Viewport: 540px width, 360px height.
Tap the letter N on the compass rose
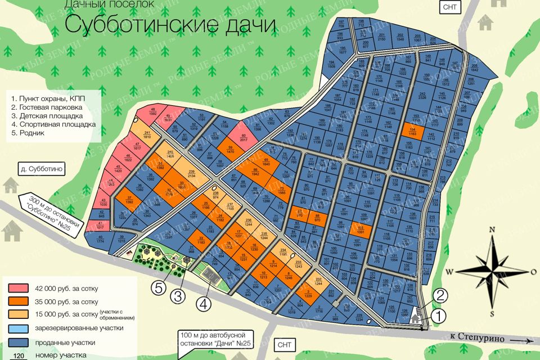tap(492, 229)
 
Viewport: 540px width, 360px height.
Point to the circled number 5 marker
tap(160, 289)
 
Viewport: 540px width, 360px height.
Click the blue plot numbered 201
tap(364, 38)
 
